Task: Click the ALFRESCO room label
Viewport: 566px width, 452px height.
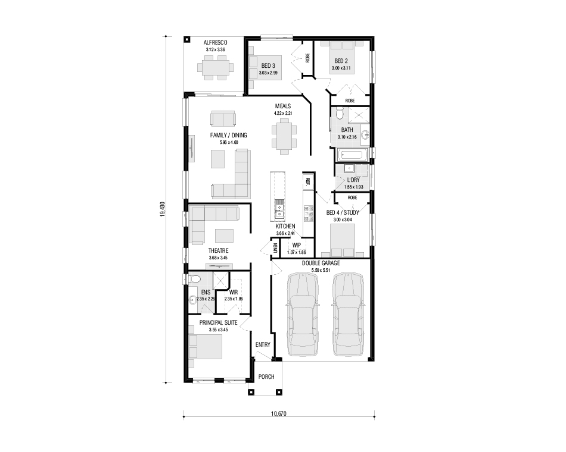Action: pyautogui.click(x=215, y=43)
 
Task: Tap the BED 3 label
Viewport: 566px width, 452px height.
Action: pyautogui.click(x=268, y=65)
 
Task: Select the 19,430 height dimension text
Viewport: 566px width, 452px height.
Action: pyautogui.click(x=163, y=209)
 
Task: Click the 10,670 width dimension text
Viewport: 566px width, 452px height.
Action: pyautogui.click(x=279, y=413)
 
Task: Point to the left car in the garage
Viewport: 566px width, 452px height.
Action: pyautogui.click(x=303, y=314)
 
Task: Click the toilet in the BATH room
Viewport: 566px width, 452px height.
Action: pyautogui.click(x=340, y=114)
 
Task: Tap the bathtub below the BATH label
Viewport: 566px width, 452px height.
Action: pyautogui.click(x=350, y=156)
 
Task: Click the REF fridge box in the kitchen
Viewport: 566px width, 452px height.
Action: pyautogui.click(x=308, y=181)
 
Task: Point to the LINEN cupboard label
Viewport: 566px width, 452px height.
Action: pyautogui.click(x=276, y=248)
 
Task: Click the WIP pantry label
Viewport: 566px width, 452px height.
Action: pyautogui.click(x=296, y=245)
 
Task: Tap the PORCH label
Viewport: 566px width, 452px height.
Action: pyautogui.click(x=266, y=376)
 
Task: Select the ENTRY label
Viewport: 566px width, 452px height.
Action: pyautogui.click(x=263, y=344)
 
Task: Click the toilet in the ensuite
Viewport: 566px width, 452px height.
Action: pyautogui.click(x=194, y=279)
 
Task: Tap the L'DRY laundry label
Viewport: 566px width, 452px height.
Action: pyautogui.click(x=353, y=180)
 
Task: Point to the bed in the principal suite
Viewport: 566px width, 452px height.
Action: pyautogui.click(x=205, y=346)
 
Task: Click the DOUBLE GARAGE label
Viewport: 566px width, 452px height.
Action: pyautogui.click(x=321, y=263)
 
